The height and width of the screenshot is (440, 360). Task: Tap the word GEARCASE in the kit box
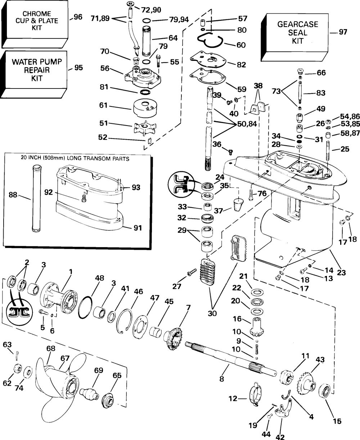coord(298,24)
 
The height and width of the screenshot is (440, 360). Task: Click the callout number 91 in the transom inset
coord(138,228)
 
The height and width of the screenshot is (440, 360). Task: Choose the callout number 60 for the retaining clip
coord(241,45)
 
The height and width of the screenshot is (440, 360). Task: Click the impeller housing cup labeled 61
coord(143,107)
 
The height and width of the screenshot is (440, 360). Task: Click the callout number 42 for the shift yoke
coord(279,437)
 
